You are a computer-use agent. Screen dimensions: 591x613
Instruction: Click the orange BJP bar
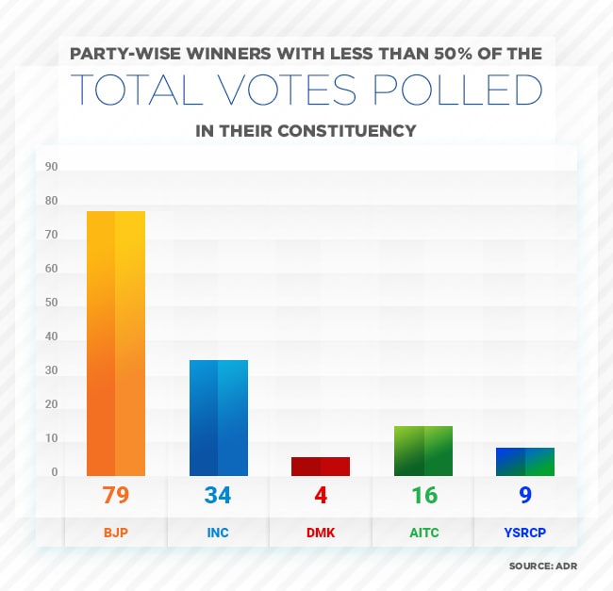pyautogui.click(x=115, y=343)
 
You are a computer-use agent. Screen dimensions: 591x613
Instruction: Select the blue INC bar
pyautogui.click(x=218, y=418)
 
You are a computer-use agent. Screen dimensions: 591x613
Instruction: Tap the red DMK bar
pyautogui.click(x=321, y=466)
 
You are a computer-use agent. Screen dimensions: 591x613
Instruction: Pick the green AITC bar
pyautogui.click(x=423, y=451)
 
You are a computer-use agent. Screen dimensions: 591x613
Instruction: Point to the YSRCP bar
pyautogui.click(x=526, y=461)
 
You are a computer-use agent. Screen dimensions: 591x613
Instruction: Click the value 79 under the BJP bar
pyautogui.click(x=115, y=495)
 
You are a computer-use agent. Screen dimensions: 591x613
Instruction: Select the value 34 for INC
pyautogui.click(x=218, y=495)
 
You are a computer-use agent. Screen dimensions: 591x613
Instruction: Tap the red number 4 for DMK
pyautogui.click(x=321, y=495)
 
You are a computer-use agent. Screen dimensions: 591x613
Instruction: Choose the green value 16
pyautogui.click(x=423, y=495)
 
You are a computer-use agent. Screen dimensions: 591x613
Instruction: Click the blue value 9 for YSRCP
pyautogui.click(x=526, y=495)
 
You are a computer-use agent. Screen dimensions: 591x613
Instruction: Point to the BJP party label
pyautogui.click(x=115, y=533)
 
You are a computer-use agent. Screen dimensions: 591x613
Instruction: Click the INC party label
pyautogui.click(x=218, y=533)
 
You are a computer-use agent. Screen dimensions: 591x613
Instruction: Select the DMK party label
pyautogui.click(x=321, y=533)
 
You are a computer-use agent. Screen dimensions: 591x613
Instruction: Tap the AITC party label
pyautogui.click(x=423, y=533)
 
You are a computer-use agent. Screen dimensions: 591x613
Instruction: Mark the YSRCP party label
pyautogui.click(x=526, y=533)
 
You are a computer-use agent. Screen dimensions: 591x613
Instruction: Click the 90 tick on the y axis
pyautogui.click(x=52, y=167)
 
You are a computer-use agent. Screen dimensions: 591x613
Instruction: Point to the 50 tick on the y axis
pyautogui.click(x=52, y=303)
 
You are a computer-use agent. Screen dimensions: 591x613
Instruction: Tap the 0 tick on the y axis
pyautogui.click(x=55, y=472)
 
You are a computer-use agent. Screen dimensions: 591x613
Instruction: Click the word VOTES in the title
pyautogui.click(x=312, y=89)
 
